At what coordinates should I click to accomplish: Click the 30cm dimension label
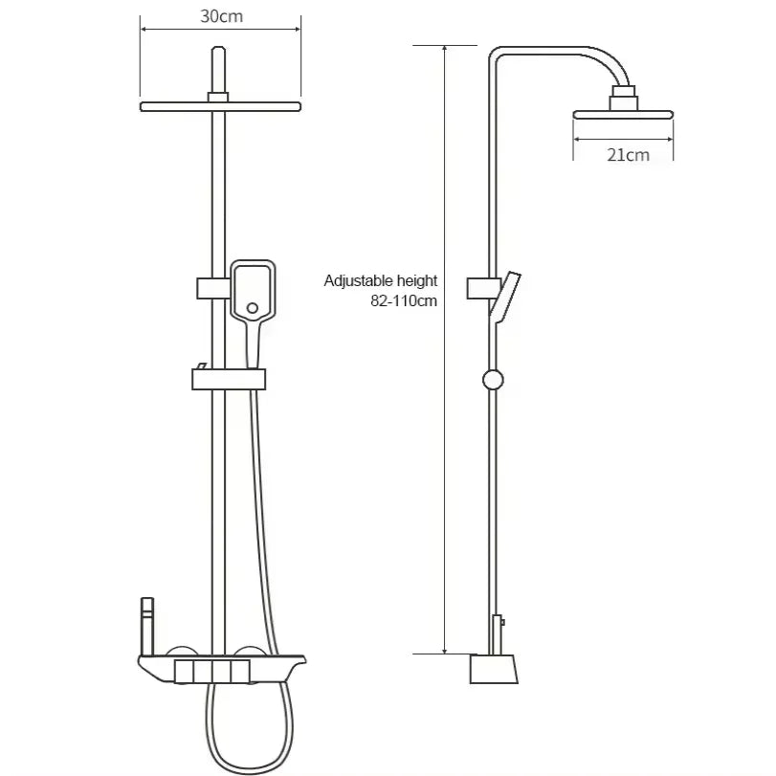(220, 17)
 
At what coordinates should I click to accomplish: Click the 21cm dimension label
(627, 154)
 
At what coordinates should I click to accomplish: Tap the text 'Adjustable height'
(380, 280)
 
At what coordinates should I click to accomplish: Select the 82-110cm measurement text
(403, 299)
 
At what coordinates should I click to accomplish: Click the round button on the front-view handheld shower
(253, 308)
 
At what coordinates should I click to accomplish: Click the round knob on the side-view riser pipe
(493, 379)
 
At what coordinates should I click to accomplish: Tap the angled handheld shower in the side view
(505, 296)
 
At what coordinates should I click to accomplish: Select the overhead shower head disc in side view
(623, 115)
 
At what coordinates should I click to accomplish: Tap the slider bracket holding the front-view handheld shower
(212, 287)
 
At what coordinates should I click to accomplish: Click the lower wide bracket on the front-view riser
(227, 380)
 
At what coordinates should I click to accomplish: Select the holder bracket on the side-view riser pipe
(480, 287)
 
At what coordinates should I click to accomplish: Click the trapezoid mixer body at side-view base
(494, 668)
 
